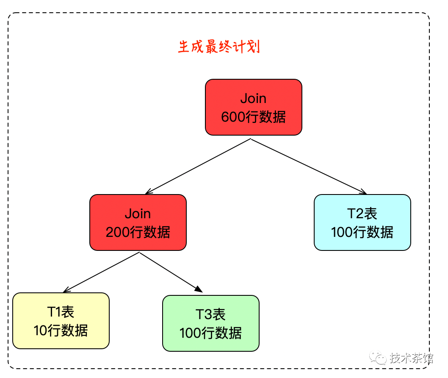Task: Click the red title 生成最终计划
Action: (218, 47)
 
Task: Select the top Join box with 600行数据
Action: (253, 107)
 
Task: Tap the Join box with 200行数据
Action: (138, 222)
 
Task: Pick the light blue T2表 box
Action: (362, 222)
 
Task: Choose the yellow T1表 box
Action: (61, 321)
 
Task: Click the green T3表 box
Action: (210, 323)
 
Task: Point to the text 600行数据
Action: (253, 117)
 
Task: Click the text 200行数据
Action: (138, 232)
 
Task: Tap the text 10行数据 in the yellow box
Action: (61, 331)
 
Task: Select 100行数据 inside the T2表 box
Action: (362, 232)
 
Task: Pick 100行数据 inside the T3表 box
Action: (210, 333)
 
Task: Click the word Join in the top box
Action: (253, 98)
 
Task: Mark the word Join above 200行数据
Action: (138, 214)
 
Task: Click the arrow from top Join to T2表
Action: (309, 167)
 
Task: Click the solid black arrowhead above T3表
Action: (199, 289)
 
